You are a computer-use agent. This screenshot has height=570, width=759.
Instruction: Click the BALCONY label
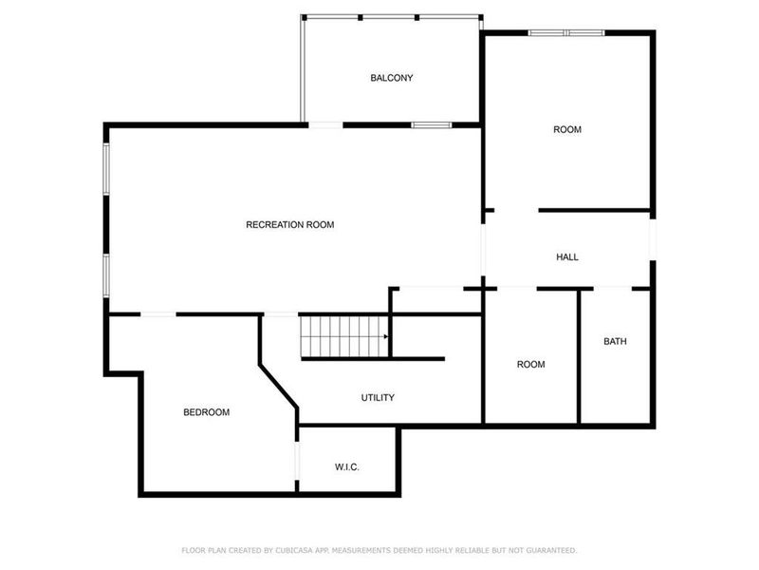(391, 78)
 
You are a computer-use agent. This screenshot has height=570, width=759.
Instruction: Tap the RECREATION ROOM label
(290, 225)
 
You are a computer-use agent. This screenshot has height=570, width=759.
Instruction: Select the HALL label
(566, 257)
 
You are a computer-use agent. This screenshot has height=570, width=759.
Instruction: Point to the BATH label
(615, 341)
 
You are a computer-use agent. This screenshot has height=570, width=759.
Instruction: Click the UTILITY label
(378, 397)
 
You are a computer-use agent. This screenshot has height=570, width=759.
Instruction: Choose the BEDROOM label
(206, 412)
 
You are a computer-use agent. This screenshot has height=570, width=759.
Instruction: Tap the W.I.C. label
(346, 466)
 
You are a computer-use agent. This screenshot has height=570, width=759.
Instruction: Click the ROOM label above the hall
(567, 129)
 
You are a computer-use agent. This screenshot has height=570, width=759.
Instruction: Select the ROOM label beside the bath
(530, 364)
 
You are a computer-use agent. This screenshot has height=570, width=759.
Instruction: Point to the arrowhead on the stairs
(385, 336)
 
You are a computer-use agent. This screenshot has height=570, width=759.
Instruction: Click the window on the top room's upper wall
(565, 33)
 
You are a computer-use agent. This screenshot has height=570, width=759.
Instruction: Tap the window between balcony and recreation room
(431, 124)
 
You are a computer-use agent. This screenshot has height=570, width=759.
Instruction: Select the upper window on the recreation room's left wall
(106, 169)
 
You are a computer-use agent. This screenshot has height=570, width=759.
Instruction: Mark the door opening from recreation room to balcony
(325, 124)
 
